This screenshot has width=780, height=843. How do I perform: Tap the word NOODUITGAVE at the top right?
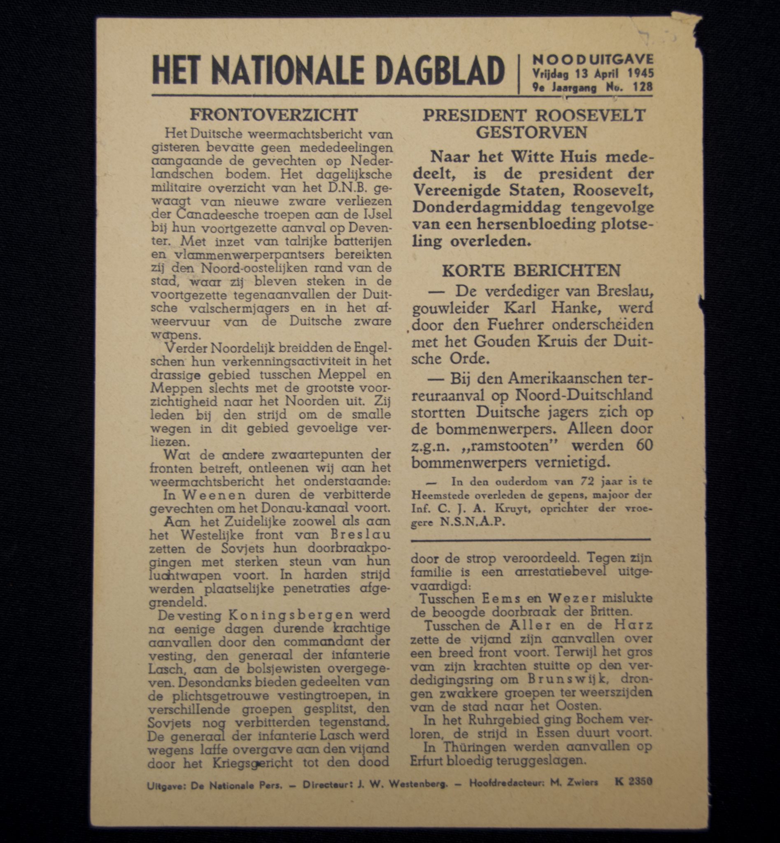593,59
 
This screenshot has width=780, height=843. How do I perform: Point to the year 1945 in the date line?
640,73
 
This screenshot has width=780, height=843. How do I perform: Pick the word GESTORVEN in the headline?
531,133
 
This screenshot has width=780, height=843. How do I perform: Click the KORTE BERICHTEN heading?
531,270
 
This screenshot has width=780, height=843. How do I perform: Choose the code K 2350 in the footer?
633,781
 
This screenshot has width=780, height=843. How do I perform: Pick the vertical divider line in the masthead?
518,74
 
